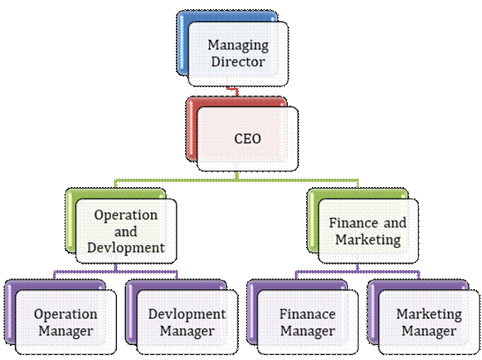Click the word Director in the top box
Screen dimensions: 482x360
click(238, 62)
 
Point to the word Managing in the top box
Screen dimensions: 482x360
click(238, 46)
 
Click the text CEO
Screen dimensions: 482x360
click(247, 139)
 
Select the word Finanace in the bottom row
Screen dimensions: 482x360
click(308, 314)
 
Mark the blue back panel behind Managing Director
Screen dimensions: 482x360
click(182, 43)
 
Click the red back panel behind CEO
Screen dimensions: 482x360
click(191, 129)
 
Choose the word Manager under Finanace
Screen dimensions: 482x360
click(308, 332)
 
